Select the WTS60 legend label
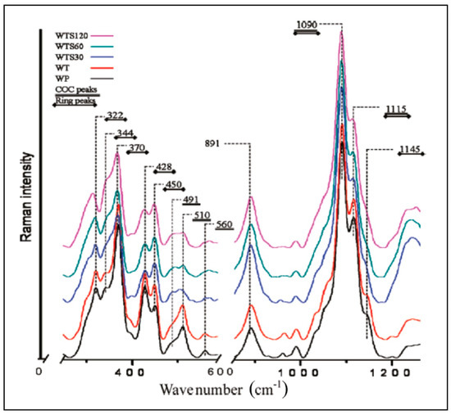coord(68,47)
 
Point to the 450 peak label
coord(175,185)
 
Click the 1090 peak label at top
coord(306,25)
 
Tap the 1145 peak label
coord(408,149)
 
